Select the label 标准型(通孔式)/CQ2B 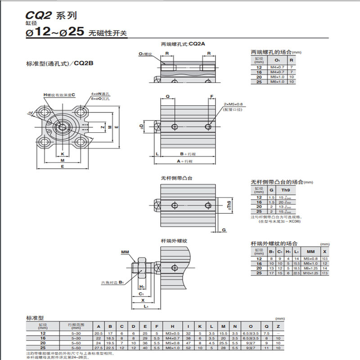(x=60, y=63)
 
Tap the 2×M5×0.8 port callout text (x=234, y=103)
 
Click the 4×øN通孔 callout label (x=100, y=94)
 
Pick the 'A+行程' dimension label (x=185, y=161)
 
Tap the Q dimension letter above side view (x=167, y=96)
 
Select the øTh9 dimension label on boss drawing (x=229, y=205)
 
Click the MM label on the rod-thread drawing (x=125, y=253)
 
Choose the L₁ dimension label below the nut (x=146, y=306)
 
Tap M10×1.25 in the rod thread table (x=310, y=273)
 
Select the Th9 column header (x=285, y=190)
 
